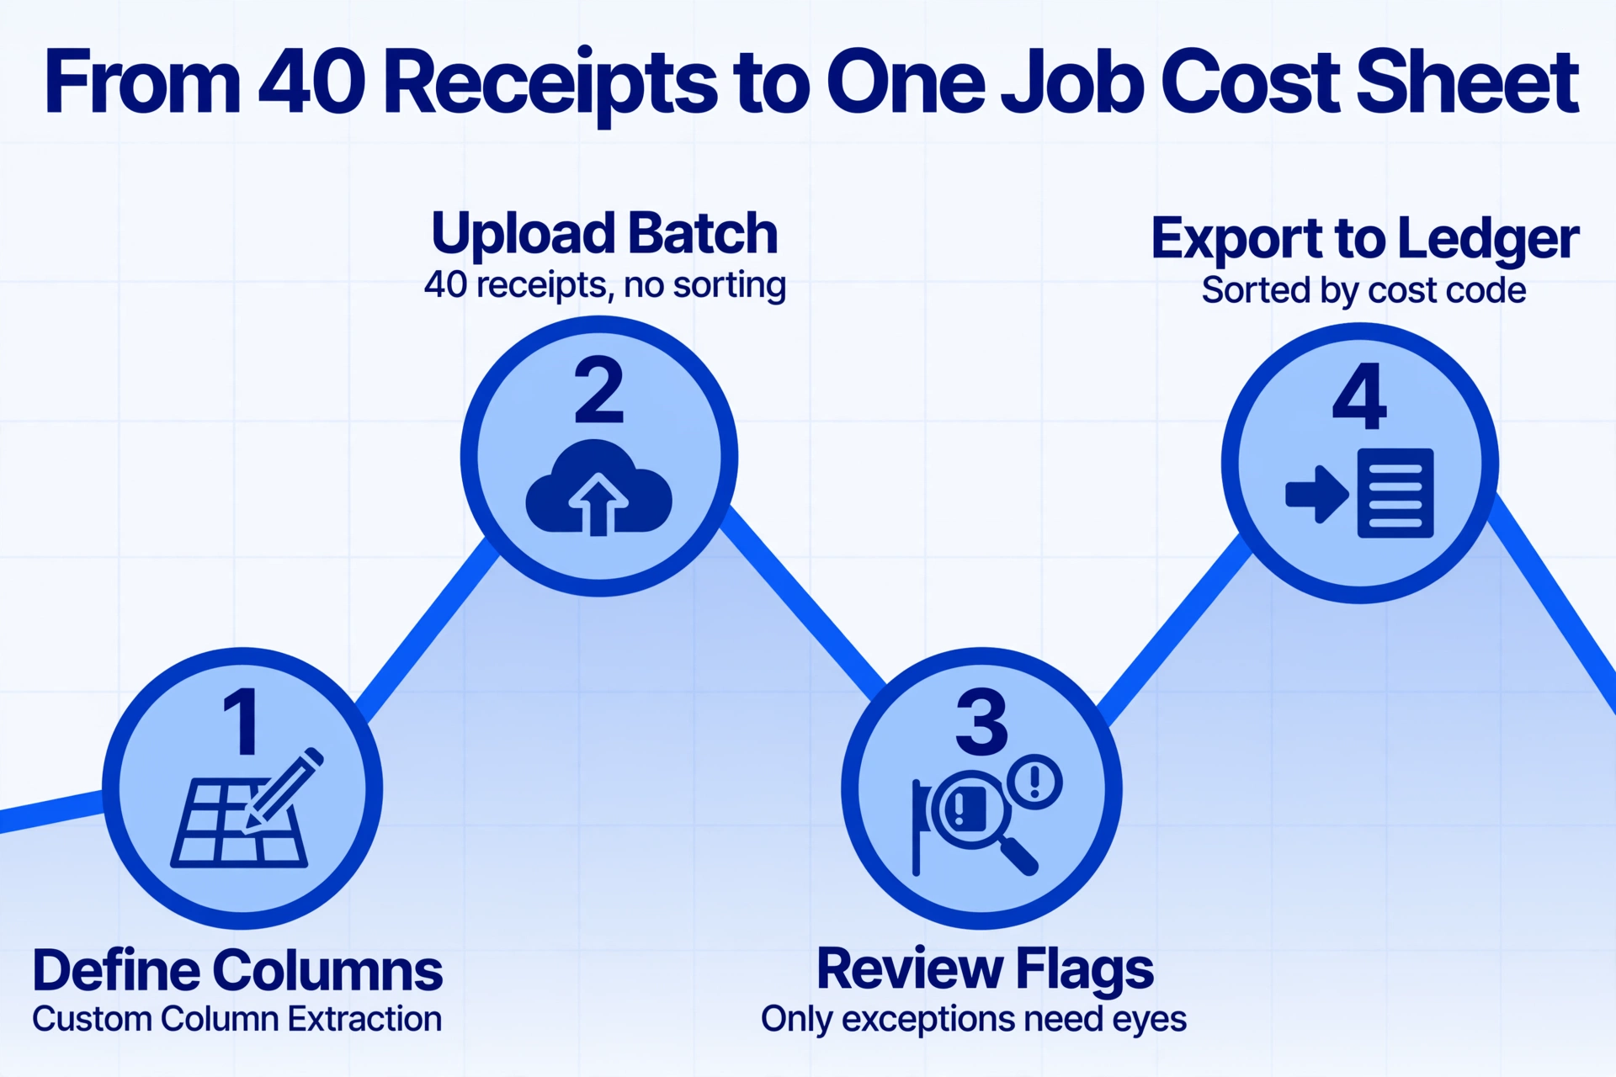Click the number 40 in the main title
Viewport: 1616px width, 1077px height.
pyautogui.click(x=311, y=82)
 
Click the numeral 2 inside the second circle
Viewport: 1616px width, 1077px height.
pyautogui.click(x=598, y=390)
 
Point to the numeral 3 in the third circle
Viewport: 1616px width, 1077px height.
pyautogui.click(x=981, y=721)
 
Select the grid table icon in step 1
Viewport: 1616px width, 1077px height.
pyautogui.click(x=239, y=824)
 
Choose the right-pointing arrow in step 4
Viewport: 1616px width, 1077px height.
pyautogui.click(x=1317, y=494)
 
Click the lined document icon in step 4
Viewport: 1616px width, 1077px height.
pyautogui.click(x=1395, y=493)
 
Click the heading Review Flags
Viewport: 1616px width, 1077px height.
pyautogui.click(x=985, y=970)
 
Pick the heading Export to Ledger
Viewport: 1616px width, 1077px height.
pyautogui.click(x=1364, y=240)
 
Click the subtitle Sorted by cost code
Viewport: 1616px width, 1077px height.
pyautogui.click(x=1363, y=290)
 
